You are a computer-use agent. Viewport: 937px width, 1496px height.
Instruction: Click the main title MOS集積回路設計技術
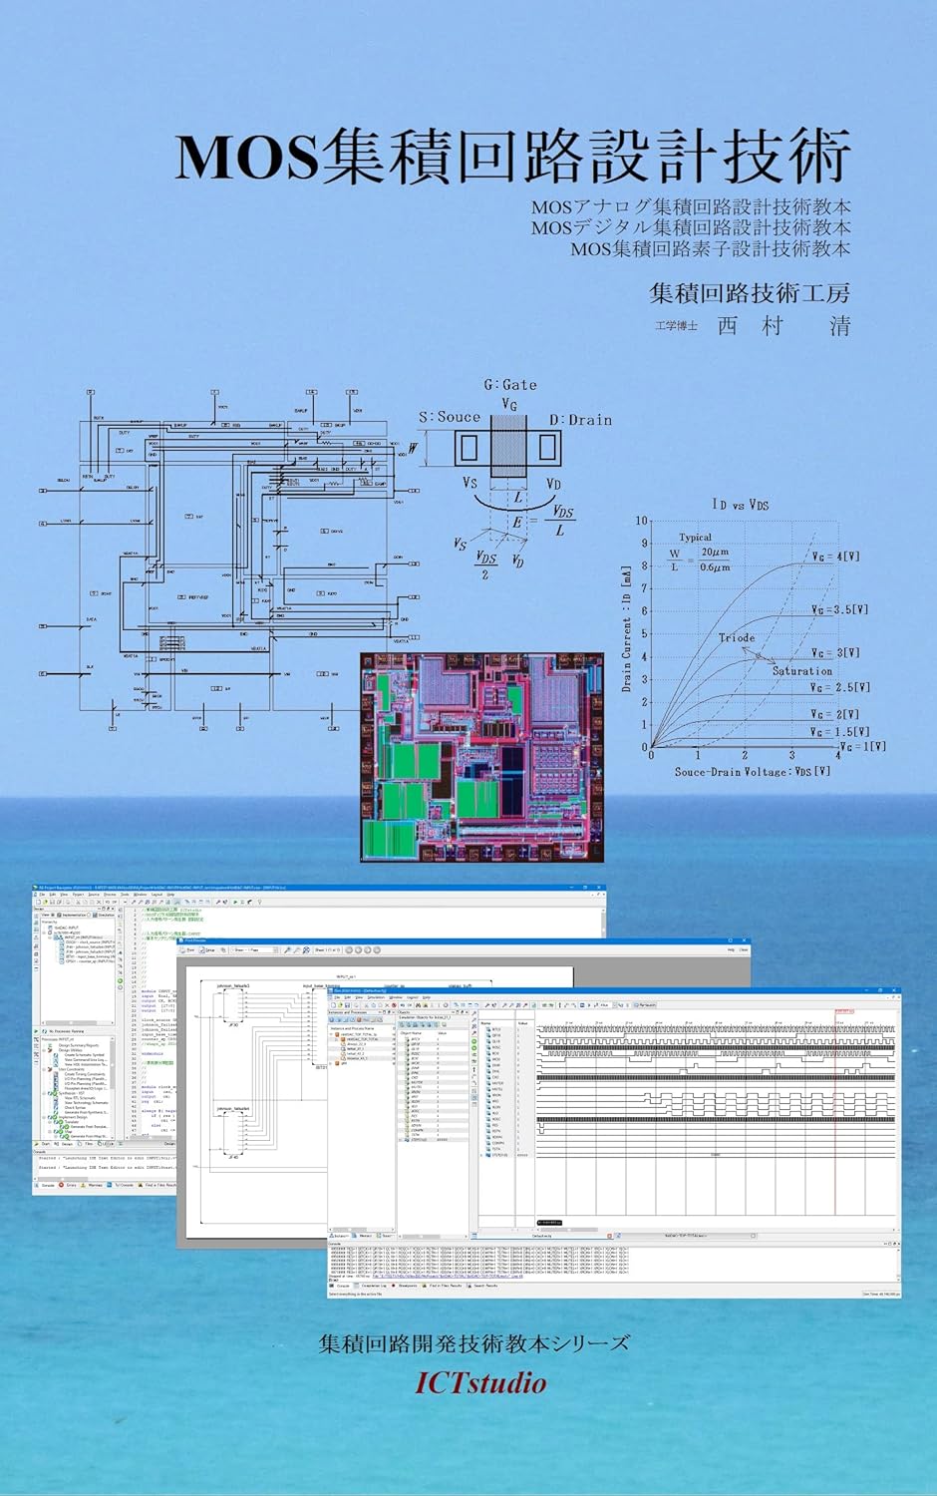512,157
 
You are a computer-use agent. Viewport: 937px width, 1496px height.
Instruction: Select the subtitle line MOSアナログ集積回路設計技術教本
690,207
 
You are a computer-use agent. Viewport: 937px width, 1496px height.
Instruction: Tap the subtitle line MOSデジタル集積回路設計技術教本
690,228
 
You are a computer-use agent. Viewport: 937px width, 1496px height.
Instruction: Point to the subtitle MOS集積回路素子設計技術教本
710,249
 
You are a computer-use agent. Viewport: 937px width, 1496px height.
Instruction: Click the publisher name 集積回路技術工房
750,293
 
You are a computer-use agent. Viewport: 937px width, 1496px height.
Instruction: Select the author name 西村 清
783,326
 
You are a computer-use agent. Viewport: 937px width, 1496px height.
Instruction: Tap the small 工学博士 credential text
676,326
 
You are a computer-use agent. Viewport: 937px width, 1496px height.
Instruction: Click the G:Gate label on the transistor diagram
510,385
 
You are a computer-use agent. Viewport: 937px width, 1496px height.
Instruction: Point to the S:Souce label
449,417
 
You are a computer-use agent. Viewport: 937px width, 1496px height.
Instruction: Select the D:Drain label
580,420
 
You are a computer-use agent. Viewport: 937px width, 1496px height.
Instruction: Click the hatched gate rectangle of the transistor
508,449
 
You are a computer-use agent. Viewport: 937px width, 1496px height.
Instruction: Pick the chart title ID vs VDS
740,505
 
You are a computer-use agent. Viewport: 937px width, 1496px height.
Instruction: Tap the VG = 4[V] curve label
834,557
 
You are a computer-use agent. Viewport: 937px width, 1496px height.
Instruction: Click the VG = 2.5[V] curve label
839,687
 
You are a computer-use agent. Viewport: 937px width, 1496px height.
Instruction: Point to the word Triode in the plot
737,637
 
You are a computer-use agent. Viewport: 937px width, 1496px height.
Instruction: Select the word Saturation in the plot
801,671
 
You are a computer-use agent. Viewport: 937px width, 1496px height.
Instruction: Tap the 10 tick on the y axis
642,521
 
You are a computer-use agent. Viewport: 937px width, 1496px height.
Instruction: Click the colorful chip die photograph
481,757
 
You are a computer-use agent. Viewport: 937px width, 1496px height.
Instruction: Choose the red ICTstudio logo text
480,1383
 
